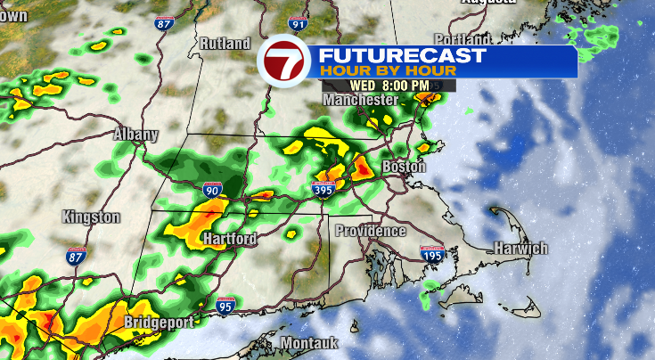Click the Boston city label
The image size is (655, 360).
click(404, 167)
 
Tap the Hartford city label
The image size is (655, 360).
click(229, 239)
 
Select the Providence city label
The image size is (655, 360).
click(371, 231)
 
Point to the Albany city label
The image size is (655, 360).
click(135, 135)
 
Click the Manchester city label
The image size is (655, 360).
click(360, 101)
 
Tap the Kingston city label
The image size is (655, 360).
click(91, 217)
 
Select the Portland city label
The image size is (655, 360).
click(464, 39)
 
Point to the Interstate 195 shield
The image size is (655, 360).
click(433, 254)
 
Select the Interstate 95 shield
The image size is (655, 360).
click(225, 306)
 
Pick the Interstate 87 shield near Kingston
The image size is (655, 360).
click(77, 257)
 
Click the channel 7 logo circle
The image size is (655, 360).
click(282, 61)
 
